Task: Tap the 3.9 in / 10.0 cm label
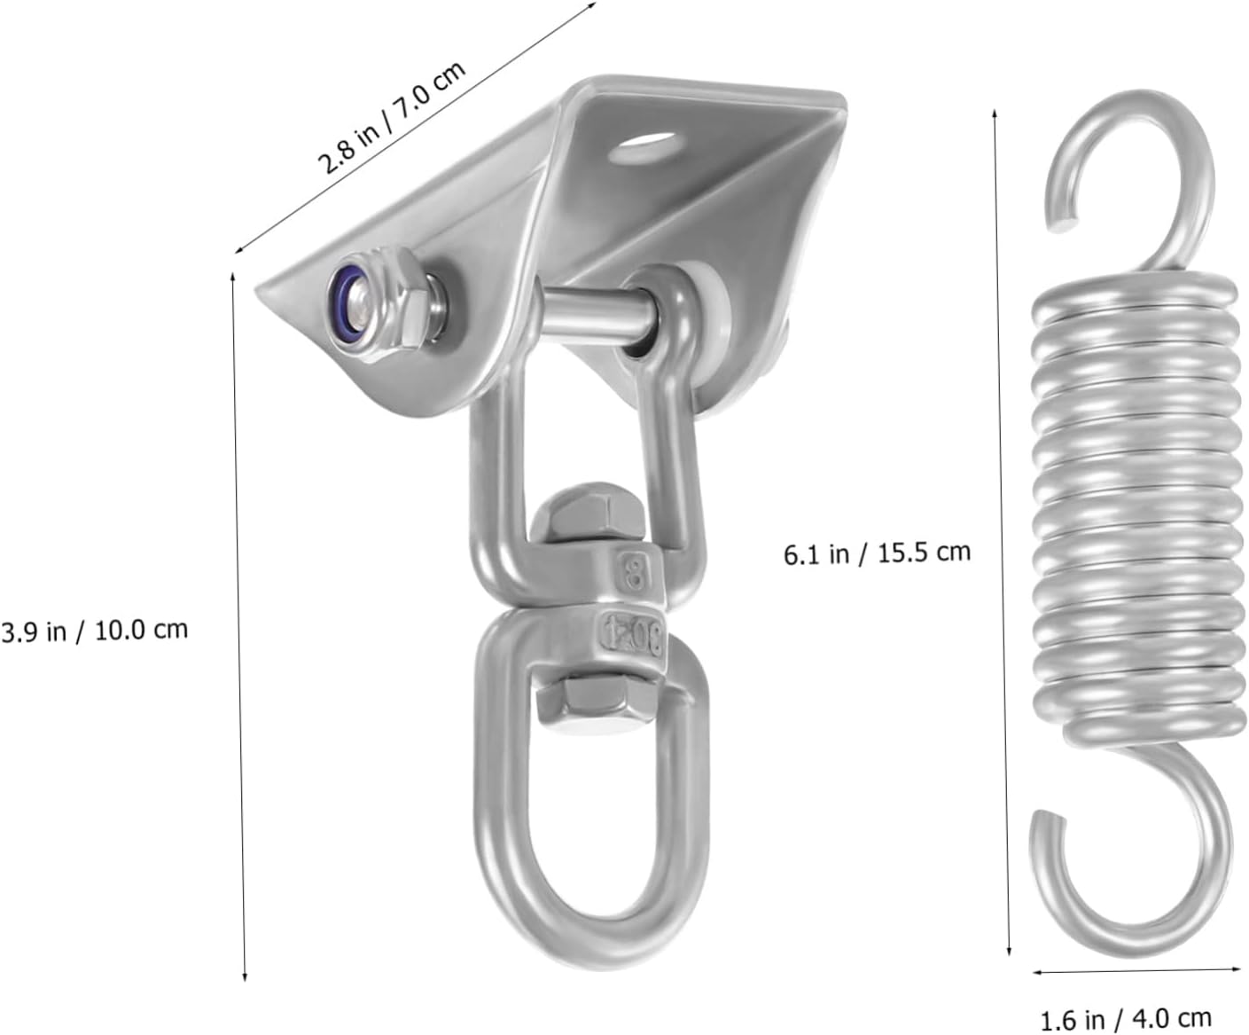coord(94,631)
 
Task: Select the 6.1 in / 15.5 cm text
coord(877,553)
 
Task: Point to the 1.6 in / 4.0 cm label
coord(1125,1018)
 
